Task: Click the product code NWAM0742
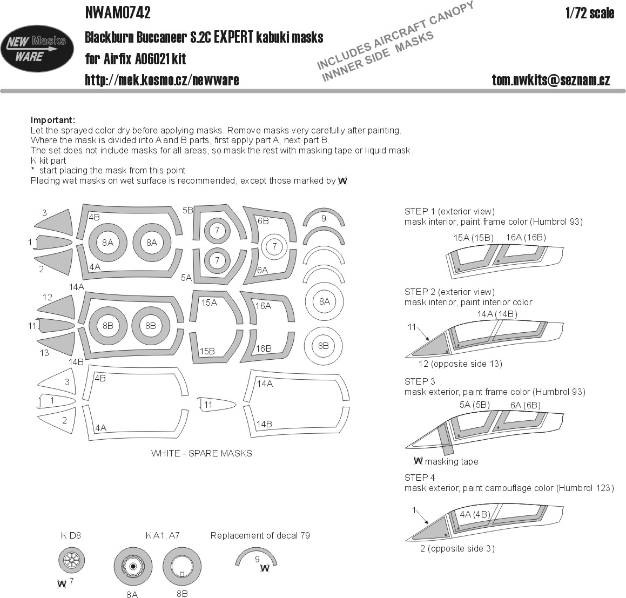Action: point(118,12)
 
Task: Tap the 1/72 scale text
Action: point(590,13)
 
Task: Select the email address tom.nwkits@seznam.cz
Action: point(550,80)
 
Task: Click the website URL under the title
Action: point(161,80)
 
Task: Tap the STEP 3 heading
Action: point(420,381)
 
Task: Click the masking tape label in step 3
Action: point(452,461)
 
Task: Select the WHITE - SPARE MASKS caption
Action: point(201,453)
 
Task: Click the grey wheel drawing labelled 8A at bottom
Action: point(133,567)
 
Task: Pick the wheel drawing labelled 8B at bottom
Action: point(182,567)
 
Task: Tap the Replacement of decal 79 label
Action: point(260,535)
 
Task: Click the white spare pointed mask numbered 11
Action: point(216,405)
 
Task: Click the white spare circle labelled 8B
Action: point(324,346)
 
